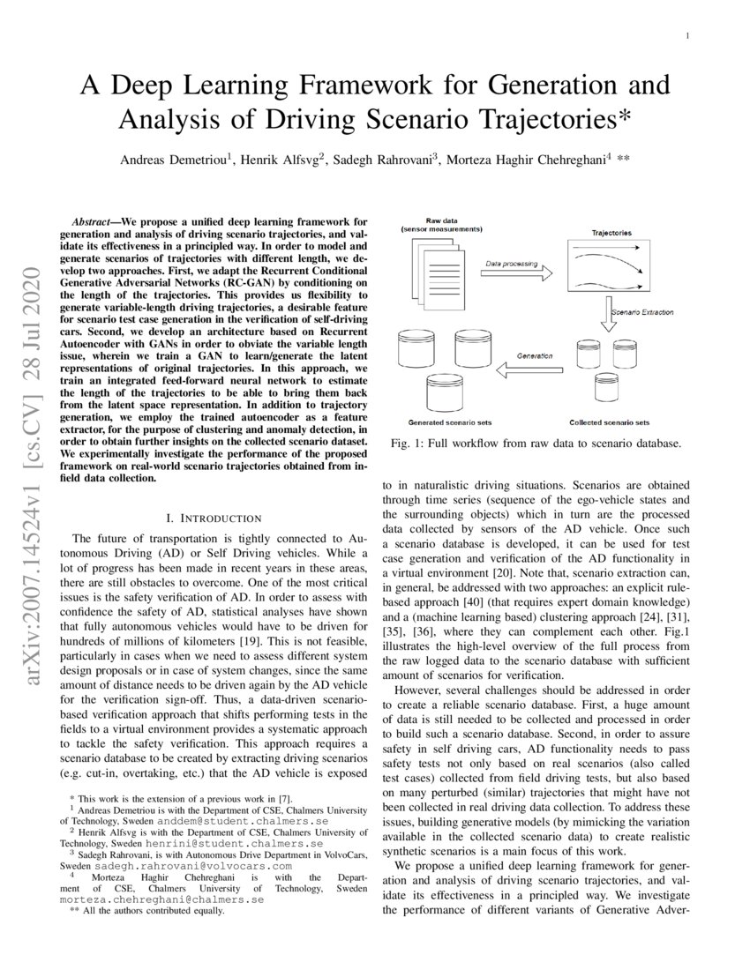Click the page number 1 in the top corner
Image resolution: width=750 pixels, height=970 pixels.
click(686, 35)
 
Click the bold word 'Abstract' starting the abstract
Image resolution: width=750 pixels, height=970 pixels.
click(95, 219)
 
